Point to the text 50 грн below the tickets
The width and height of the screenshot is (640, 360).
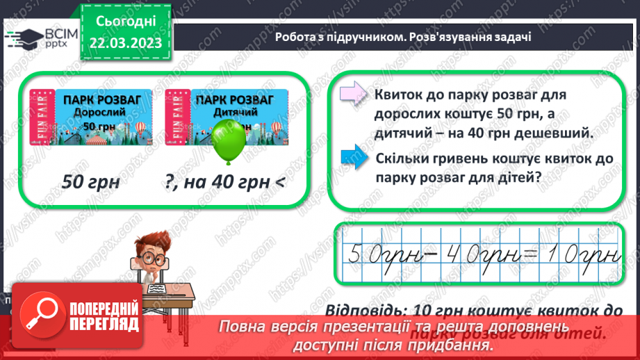(x=91, y=182)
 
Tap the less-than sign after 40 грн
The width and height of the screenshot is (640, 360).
(x=279, y=183)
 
